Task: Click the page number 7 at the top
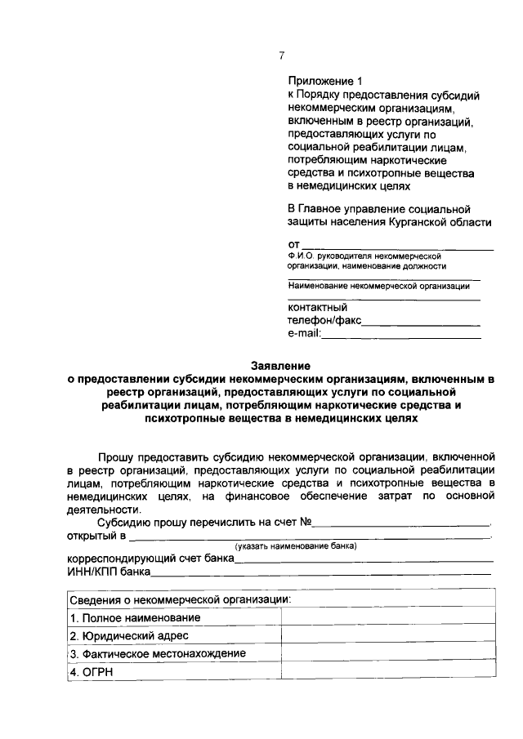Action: (x=281, y=56)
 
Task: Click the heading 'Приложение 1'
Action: (x=324, y=81)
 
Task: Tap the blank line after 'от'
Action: (x=398, y=245)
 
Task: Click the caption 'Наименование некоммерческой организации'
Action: (x=378, y=286)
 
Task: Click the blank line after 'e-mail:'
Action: (x=402, y=335)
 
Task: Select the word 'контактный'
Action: (x=317, y=308)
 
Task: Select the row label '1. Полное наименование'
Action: (x=135, y=617)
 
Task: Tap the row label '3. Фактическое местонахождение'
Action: (x=158, y=653)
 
